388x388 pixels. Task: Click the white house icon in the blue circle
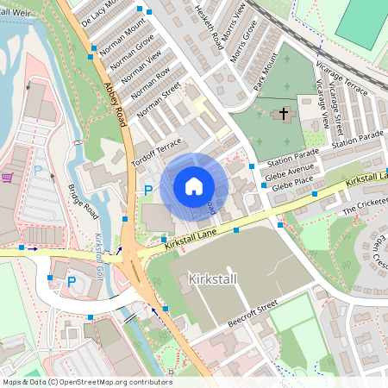194,185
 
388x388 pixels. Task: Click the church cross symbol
283,114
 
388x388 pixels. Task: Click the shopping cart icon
8,178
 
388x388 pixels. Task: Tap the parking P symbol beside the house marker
148,190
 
